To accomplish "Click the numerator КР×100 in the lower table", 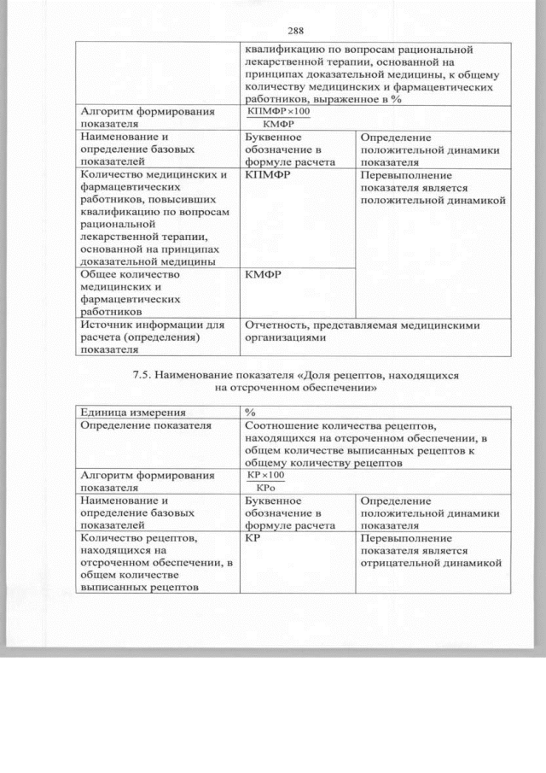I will click(265, 474).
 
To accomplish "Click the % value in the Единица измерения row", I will click(251, 413).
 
